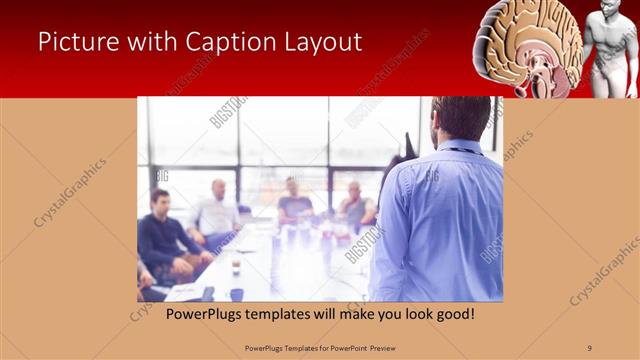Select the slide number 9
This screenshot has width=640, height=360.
click(590, 347)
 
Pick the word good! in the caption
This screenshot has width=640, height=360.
click(453, 314)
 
